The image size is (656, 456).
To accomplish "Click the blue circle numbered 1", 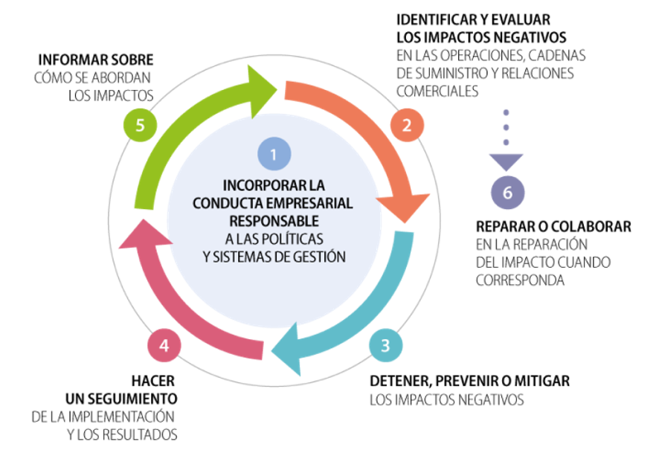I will click(x=274, y=155).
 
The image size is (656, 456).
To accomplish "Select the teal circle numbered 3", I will click(x=385, y=345).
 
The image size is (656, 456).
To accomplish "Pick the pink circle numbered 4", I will click(x=164, y=345).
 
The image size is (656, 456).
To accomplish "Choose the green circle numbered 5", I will click(x=139, y=124).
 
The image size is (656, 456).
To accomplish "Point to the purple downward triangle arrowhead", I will click(x=507, y=161).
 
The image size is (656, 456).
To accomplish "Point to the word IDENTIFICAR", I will click(x=432, y=20).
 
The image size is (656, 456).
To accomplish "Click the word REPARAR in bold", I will click(x=507, y=226).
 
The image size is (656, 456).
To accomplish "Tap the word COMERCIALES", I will click(x=437, y=91).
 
